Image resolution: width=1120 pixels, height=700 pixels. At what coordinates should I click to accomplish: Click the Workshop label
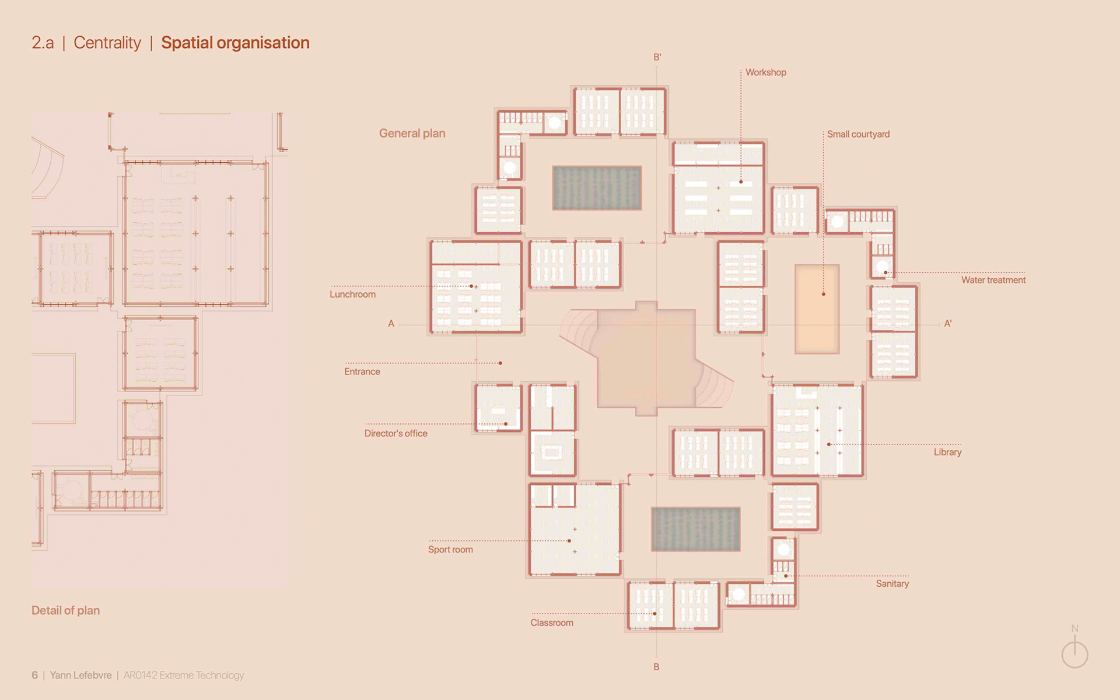765,72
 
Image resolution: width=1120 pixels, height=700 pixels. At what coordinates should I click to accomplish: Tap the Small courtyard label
858,134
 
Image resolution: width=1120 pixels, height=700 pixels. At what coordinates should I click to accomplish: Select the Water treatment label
993,280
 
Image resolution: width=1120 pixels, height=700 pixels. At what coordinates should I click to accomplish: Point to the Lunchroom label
352,294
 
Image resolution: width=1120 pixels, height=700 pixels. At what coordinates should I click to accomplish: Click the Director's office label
395,433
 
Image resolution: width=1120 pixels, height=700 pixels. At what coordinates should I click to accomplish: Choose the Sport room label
450,549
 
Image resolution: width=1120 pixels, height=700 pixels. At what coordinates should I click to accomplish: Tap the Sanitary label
892,583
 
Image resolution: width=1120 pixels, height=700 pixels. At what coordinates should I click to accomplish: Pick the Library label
947,452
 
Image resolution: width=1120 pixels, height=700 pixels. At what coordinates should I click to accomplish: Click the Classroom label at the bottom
551,622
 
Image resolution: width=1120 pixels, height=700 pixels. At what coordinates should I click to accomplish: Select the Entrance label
362,372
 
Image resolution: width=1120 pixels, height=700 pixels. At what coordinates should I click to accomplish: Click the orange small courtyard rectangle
817,309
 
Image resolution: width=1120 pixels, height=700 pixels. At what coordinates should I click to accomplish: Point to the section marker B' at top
657,57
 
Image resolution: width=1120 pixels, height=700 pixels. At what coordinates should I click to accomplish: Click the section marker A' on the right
948,323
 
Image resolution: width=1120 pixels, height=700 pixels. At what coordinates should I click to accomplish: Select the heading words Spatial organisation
235,43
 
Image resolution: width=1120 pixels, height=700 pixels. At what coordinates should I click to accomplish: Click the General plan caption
412,133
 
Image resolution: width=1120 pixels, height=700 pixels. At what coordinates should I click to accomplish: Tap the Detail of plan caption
65,610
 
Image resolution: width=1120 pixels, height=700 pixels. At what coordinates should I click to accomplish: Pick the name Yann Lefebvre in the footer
80,675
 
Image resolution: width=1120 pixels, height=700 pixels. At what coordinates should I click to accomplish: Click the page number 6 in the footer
34,675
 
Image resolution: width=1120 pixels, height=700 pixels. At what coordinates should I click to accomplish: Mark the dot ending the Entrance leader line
501,363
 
